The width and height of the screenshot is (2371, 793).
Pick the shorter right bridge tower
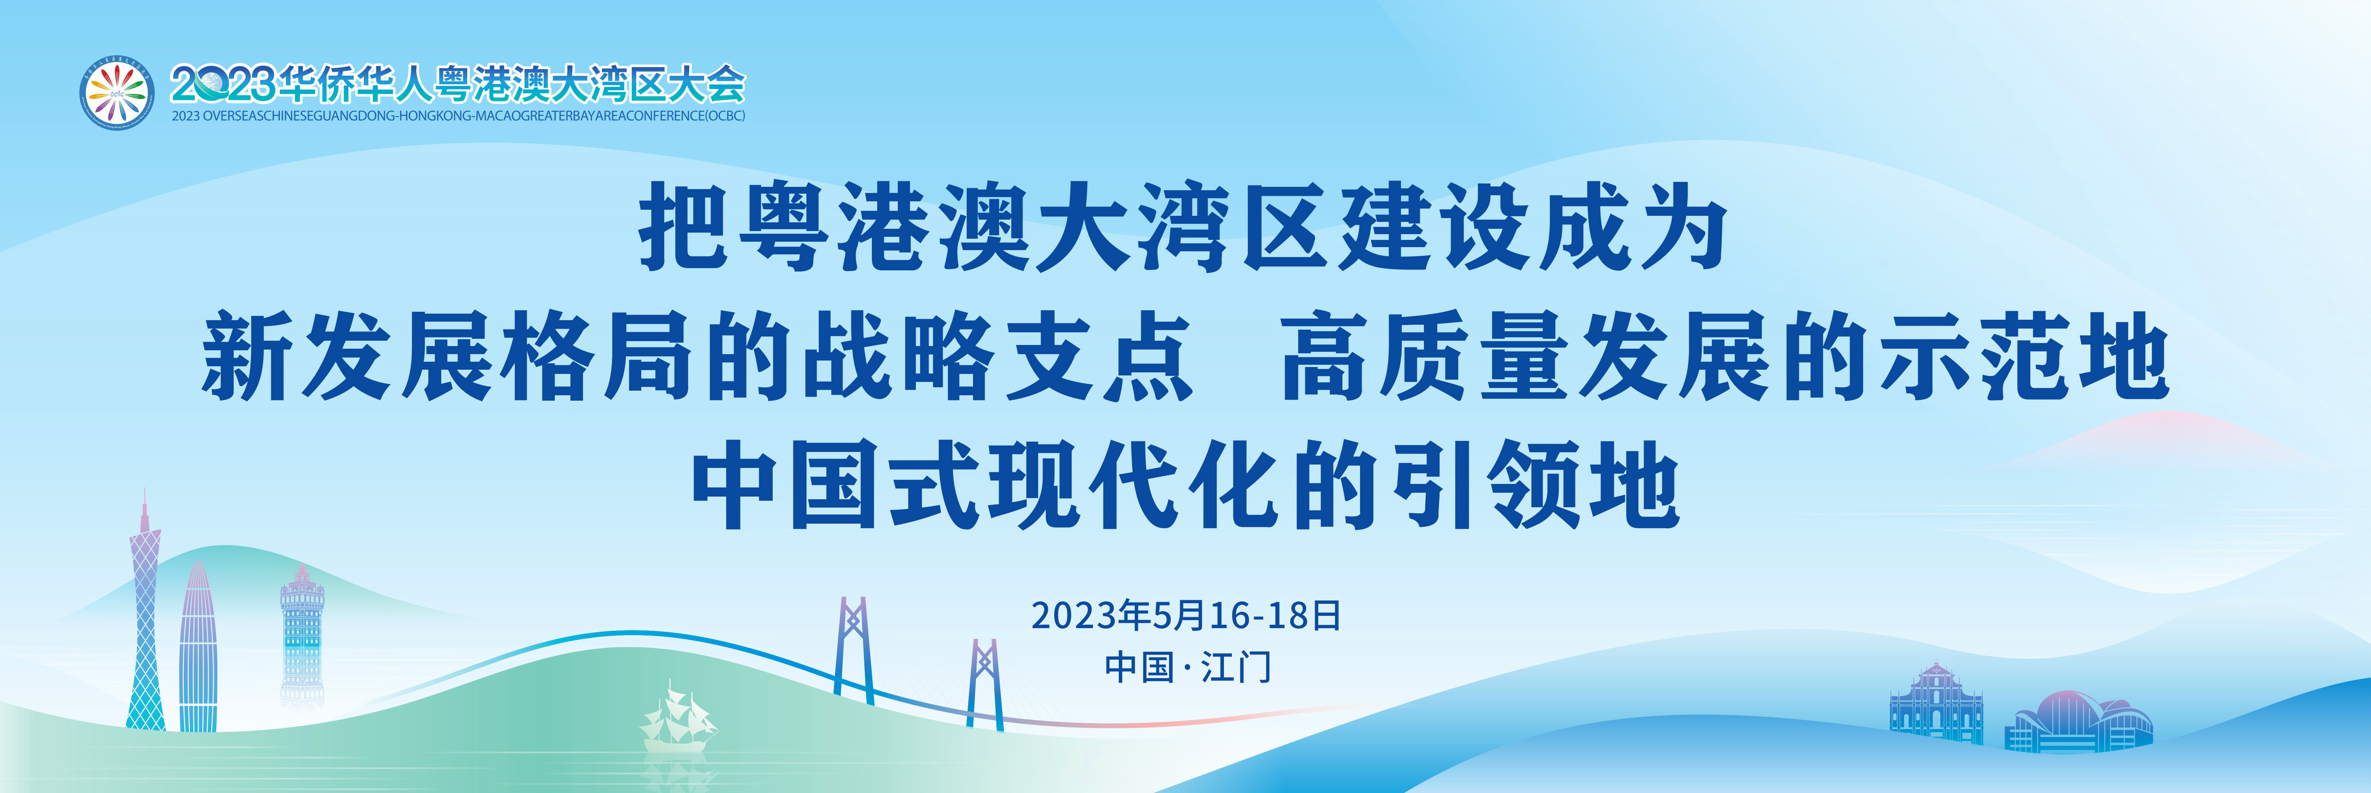coord(985,684)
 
